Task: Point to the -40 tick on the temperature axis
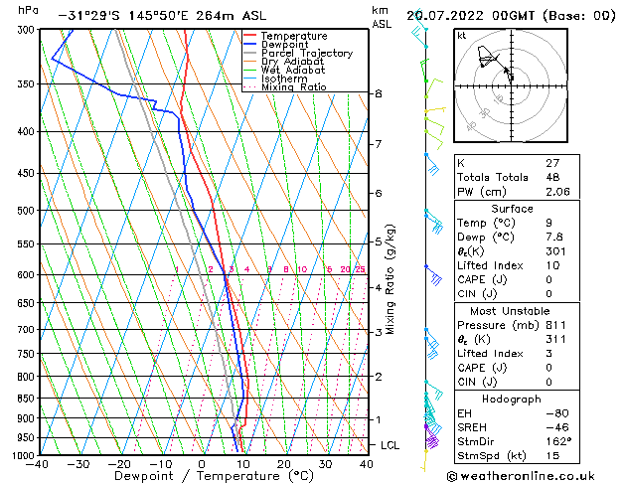[x=39, y=463]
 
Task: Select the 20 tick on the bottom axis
[x=284, y=463]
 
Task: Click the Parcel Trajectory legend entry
[x=306, y=53]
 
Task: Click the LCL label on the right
[x=391, y=445]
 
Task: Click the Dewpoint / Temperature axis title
[x=201, y=475]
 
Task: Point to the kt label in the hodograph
[x=461, y=35]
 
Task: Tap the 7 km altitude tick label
[x=378, y=144]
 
